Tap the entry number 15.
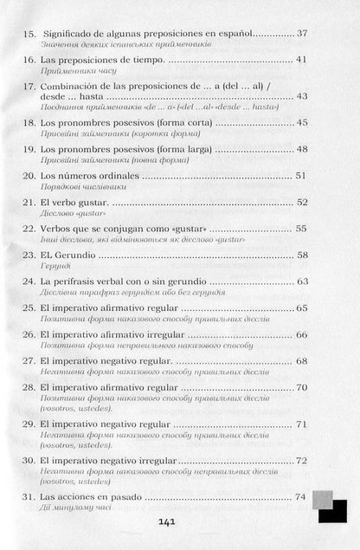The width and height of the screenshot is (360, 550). (x=26, y=33)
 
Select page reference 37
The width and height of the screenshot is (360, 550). (x=301, y=33)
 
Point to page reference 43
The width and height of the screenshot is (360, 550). (x=301, y=96)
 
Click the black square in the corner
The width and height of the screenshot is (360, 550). (x=334, y=512)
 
